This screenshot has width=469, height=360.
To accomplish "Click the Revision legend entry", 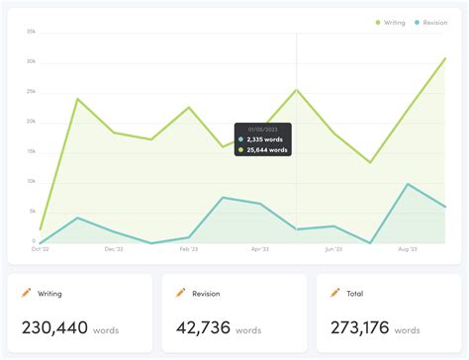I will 430,22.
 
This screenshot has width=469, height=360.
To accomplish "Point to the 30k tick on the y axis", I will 31,61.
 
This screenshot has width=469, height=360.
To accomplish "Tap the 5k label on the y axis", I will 32,212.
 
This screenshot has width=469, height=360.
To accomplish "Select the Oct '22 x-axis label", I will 40,250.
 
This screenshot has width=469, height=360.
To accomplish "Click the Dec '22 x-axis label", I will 115,250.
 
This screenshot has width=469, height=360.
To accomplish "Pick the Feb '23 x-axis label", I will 188,250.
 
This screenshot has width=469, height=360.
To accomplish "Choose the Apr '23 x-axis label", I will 260,250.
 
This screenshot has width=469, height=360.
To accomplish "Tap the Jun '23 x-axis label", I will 333,250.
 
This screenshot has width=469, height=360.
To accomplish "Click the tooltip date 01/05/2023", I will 263,129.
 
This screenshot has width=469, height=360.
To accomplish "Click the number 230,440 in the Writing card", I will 54,327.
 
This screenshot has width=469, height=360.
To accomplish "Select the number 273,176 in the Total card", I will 363,327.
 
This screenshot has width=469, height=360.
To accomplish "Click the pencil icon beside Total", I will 336,293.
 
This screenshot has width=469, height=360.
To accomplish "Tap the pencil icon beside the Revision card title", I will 180,293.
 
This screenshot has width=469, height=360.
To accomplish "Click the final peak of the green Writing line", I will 445,58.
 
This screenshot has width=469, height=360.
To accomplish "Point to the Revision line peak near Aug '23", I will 408,184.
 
